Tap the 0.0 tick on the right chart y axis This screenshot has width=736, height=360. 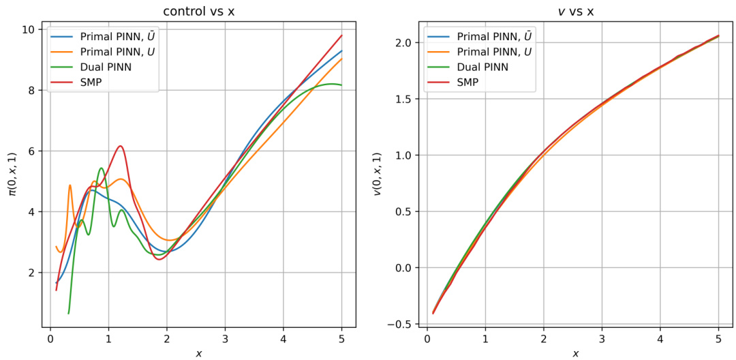[401, 268]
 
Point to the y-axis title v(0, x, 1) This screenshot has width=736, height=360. [375, 176]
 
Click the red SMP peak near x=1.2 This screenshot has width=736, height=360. [120, 146]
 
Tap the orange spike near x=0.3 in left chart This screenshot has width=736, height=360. [70, 185]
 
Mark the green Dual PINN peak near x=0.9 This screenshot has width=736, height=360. [102, 168]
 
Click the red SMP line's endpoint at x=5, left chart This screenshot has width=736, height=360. [341, 35]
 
